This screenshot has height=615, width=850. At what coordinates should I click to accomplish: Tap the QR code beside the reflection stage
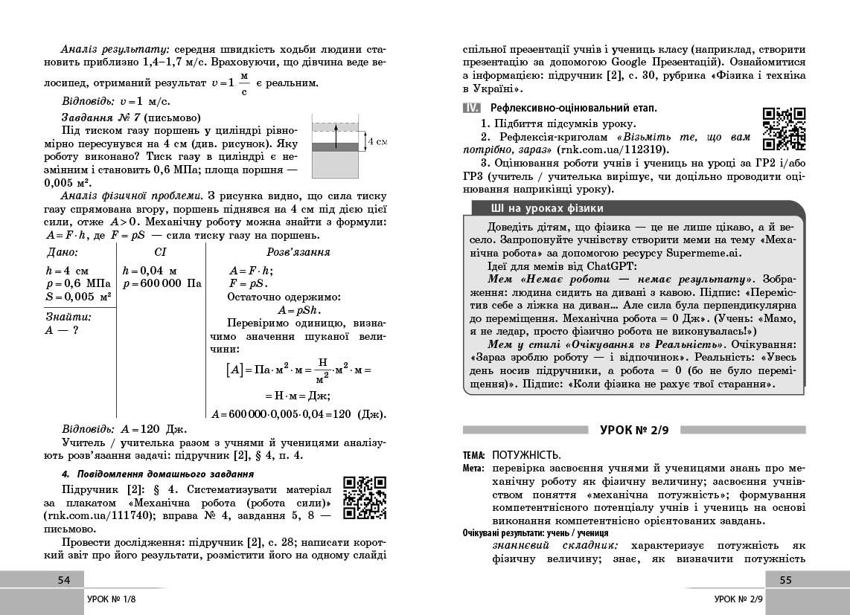(x=785, y=129)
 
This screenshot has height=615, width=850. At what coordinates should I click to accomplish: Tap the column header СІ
(x=160, y=252)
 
